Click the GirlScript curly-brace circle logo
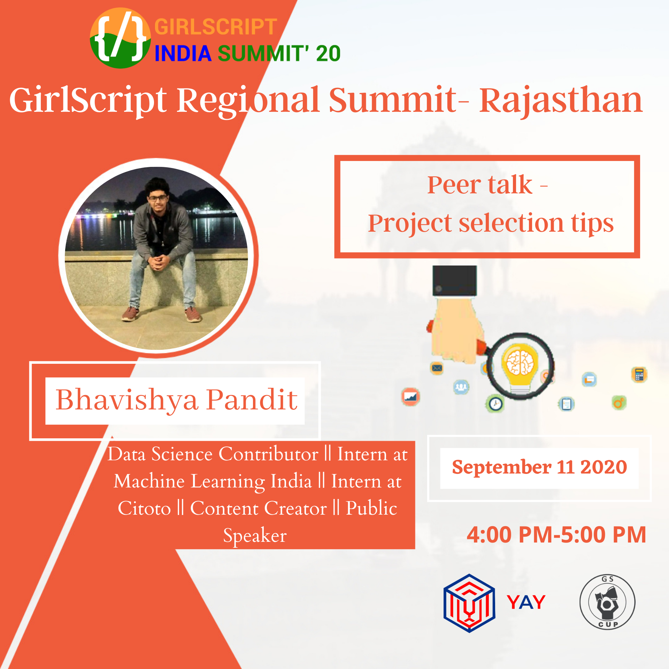click(x=120, y=38)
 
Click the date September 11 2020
click(x=539, y=467)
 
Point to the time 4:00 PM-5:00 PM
click(x=556, y=535)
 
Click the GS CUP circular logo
click(x=607, y=602)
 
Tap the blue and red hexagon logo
click(x=469, y=603)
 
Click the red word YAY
click(x=526, y=602)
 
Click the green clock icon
click(x=495, y=404)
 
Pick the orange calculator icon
click(x=639, y=375)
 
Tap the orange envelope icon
click(x=437, y=368)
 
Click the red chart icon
click(x=410, y=397)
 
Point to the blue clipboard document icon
click(x=567, y=404)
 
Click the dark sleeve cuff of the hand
click(x=455, y=281)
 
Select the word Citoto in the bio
click(x=144, y=508)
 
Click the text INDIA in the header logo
click(x=183, y=54)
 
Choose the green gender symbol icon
click(x=619, y=403)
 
